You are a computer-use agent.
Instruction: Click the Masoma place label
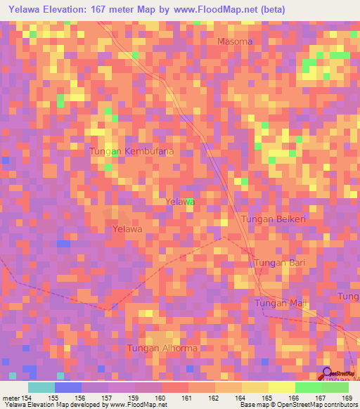click(x=234, y=41)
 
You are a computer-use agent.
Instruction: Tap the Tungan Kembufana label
click(x=131, y=151)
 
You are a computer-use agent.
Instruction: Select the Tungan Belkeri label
click(x=273, y=220)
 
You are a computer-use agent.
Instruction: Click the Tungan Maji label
click(x=281, y=303)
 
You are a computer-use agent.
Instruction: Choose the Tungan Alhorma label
click(x=161, y=348)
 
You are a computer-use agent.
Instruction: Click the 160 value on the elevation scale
click(x=160, y=398)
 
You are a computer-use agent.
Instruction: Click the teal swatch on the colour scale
click(x=41, y=387)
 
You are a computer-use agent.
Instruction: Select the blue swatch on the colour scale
click(x=67, y=387)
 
